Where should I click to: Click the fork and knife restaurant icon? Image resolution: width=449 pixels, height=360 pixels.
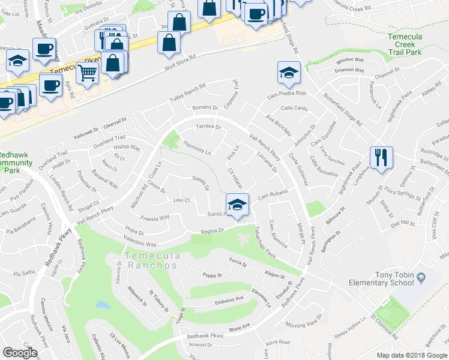click(x=381, y=158)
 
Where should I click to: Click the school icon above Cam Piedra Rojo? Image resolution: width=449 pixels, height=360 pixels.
click(x=289, y=73)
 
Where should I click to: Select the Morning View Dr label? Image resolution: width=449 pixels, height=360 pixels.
click(x=304, y=325)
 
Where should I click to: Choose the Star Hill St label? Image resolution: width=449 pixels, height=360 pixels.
click(x=403, y=223)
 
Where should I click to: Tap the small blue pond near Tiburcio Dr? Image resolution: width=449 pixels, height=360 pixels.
click(x=102, y=305)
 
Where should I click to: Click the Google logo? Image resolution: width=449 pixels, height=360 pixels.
click(x=20, y=353)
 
